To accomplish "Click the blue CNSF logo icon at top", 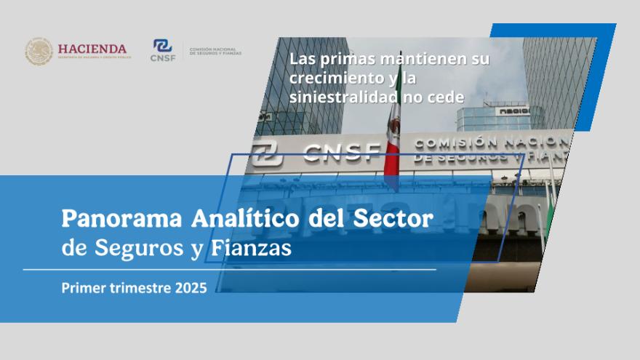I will [162, 46].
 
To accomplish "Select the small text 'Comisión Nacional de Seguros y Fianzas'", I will [215, 52].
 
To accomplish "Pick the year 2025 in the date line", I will [191, 288].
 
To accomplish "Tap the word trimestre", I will [137, 288].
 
